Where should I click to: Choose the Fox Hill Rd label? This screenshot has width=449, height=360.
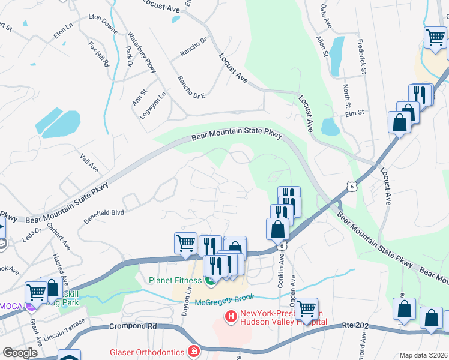(98, 53)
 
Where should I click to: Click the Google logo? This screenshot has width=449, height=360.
(20, 353)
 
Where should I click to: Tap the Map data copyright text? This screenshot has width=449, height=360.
(423, 355)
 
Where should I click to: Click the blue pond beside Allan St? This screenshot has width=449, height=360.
(337, 56)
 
